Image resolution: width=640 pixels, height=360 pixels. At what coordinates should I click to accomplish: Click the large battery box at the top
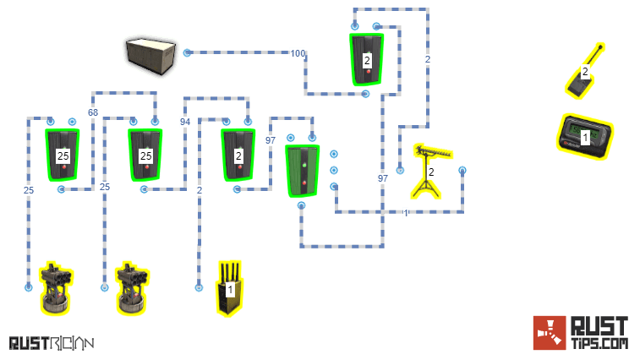[151, 55]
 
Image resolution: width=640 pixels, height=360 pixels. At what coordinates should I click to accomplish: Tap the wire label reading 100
[298, 53]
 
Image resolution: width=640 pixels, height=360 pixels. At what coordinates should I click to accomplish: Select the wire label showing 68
[93, 112]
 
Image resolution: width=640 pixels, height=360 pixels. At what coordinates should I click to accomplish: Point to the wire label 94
[185, 122]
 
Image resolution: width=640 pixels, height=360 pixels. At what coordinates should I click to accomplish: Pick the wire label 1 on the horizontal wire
[405, 212]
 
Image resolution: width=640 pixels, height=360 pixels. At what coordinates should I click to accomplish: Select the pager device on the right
[584, 134]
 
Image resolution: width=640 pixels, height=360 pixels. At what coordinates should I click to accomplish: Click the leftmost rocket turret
[56, 287]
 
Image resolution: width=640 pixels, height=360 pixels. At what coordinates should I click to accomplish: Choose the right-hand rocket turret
[132, 287]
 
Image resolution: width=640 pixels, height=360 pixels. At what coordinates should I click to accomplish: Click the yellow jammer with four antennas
[229, 287]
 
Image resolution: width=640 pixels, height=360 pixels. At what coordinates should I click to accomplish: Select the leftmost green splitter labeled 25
[63, 155]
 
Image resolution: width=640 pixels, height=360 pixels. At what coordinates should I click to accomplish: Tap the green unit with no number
[302, 170]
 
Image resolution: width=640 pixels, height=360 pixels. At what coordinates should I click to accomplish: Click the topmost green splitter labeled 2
[367, 59]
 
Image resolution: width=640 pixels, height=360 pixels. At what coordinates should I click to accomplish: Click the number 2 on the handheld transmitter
[585, 71]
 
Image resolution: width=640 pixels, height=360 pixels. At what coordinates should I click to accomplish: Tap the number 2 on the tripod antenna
[431, 172]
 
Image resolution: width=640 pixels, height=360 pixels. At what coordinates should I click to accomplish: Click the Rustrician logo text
[51, 342]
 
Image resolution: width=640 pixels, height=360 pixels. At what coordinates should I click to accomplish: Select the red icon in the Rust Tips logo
[549, 332]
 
